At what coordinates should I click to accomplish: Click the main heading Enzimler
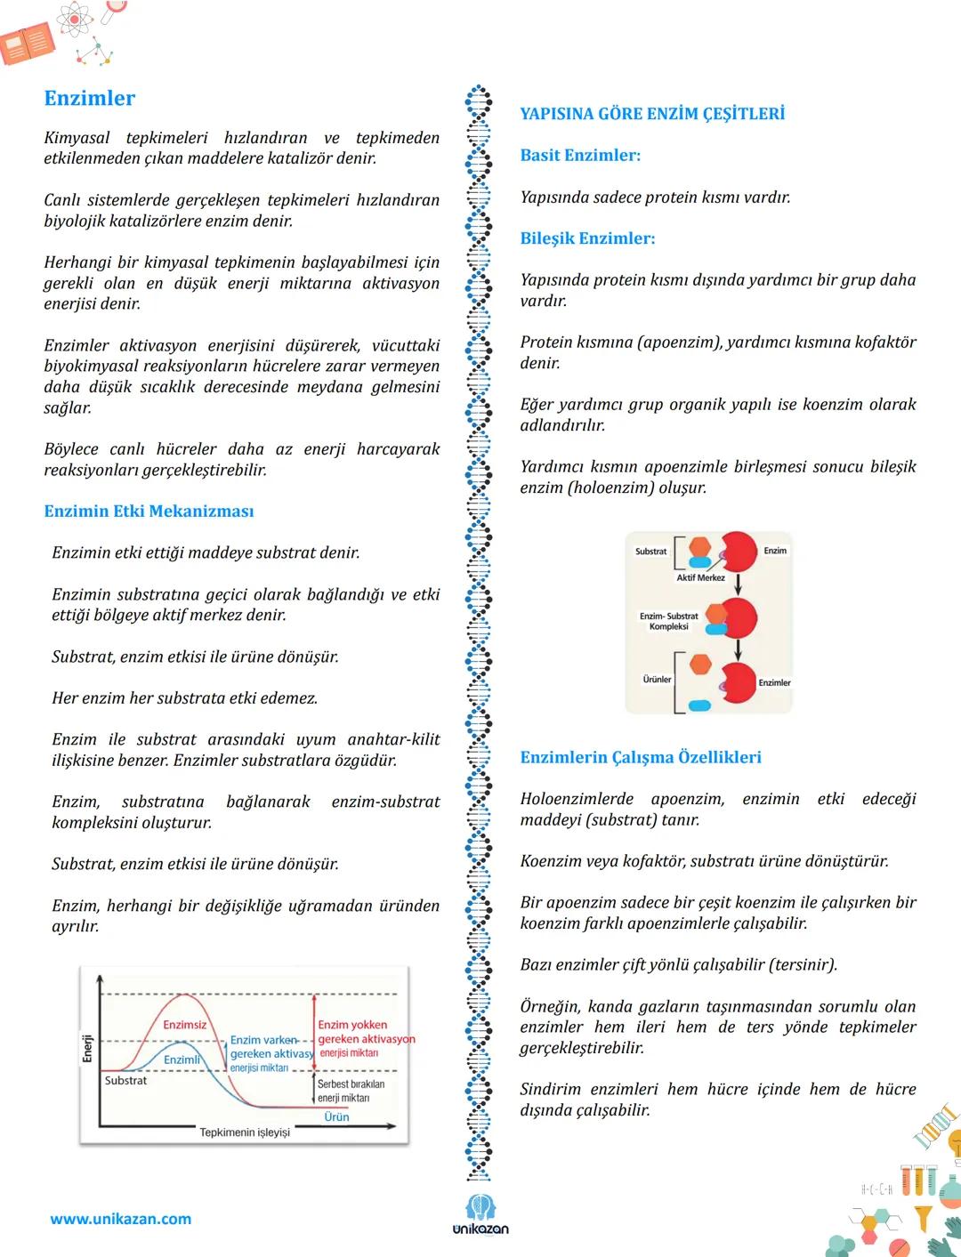click(90, 99)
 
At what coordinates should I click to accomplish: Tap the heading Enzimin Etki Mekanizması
click(149, 512)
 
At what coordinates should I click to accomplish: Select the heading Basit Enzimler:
click(580, 156)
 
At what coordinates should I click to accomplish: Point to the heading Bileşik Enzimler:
click(587, 238)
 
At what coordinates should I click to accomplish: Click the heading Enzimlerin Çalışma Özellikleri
click(641, 758)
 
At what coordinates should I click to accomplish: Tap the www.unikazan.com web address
click(121, 1219)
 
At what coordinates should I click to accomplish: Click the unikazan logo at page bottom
click(480, 1215)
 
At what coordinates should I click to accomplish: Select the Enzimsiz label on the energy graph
click(184, 1025)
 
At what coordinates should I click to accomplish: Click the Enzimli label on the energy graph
click(182, 1060)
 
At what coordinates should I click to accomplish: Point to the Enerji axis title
click(87, 1048)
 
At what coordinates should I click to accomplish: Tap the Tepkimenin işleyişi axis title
click(245, 1132)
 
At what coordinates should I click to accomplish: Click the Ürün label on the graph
click(336, 1117)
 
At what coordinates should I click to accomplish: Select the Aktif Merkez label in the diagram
click(700, 578)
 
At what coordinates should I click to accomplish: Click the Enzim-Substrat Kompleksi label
click(669, 621)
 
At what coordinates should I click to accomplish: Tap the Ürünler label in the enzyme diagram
click(658, 680)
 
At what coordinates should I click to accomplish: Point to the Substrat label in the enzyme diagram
click(650, 552)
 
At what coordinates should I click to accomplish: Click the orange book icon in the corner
click(28, 44)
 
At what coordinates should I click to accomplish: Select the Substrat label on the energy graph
click(125, 1081)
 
